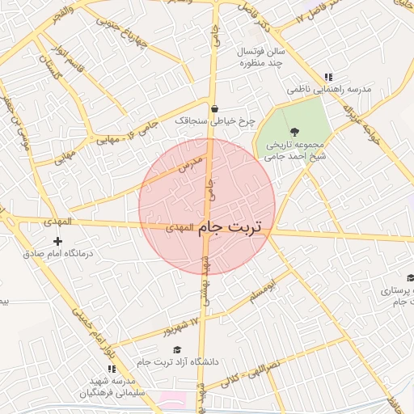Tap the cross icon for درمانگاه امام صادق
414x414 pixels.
point(57,241)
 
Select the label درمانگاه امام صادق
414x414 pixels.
point(57,253)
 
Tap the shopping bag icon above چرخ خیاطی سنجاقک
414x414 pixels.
point(214,109)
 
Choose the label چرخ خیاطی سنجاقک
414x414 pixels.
point(214,121)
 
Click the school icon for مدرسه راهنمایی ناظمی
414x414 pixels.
point(327,77)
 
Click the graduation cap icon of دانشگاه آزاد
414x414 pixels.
point(177,349)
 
